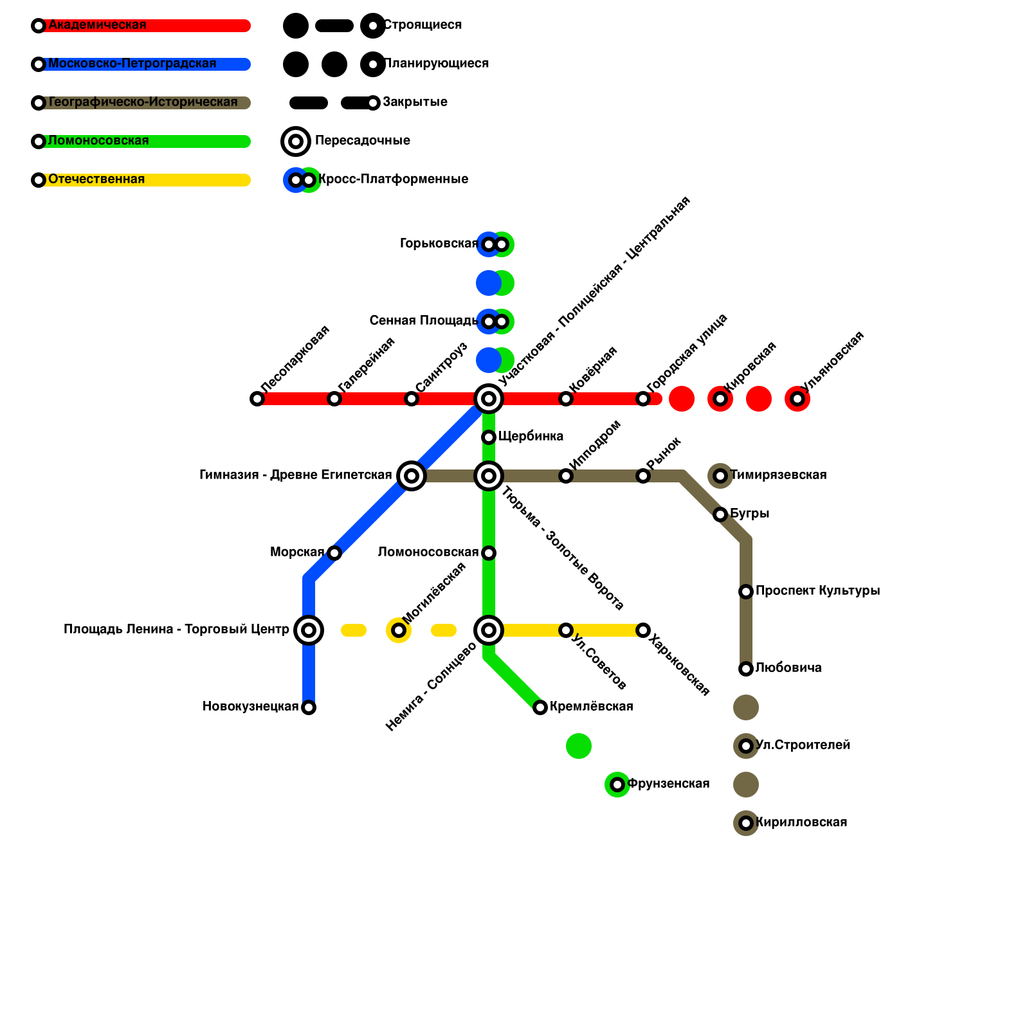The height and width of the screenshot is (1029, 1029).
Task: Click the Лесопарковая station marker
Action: coord(257,399)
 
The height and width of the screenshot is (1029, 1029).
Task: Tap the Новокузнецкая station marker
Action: coord(309,707)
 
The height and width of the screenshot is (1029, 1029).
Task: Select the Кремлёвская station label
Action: coord(591,707)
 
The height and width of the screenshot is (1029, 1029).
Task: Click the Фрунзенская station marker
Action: coord(617,785)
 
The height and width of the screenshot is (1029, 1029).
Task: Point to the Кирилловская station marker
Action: coord(746,823)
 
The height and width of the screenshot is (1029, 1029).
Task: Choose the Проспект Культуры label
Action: coord(817,591)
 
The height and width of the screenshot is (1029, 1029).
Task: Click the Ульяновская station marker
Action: coord(797,399)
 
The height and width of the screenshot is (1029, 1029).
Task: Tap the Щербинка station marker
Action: coord(489,437)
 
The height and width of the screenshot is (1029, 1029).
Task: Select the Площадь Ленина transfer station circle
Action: coord(309,630)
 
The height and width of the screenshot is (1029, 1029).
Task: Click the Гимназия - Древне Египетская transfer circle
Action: coord(412,476)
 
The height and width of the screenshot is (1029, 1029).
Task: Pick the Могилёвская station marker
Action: coord(399,630)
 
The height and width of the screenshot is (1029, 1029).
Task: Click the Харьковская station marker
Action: coord(643,630)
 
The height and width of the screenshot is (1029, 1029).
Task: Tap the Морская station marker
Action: coord(334,553)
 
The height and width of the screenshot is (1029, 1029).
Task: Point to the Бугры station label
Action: coord(749,514)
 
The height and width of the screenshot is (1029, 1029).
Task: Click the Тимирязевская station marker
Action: coord(720,476)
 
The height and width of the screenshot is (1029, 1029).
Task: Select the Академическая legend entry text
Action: coord(97,25)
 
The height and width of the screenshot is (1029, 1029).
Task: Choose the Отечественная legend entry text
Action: coord(96,179)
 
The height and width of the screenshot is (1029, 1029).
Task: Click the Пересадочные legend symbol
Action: coord(296,141)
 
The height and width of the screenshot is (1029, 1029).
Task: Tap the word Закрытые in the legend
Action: coord(415,102)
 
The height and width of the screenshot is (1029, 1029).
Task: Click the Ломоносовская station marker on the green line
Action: coord(489,553)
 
